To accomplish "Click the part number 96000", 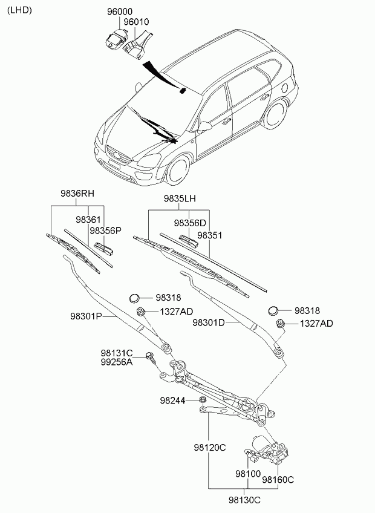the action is [120, 11].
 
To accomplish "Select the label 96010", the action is [136, 22].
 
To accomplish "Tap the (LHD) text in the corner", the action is [19, 10].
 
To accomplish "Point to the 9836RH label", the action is [77, 194].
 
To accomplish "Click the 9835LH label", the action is [180, 198].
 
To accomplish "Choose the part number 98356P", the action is [106, 230].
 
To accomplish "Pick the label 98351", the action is [209, 235].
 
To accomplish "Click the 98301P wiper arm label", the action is [86, 316].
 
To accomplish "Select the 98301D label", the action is [209, 322].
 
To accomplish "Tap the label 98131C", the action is [117, 353].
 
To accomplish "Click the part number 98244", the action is [172, 400].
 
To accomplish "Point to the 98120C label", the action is [210, 448].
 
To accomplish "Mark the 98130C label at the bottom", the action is [245, 500].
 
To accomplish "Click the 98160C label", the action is [278, 480].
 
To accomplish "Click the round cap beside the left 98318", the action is [134, 298].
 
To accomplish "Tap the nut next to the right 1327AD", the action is [280, 324].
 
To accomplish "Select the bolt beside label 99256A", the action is [151, 358].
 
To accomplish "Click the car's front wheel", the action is [179, 171].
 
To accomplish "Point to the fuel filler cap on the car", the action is [285, 88].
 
